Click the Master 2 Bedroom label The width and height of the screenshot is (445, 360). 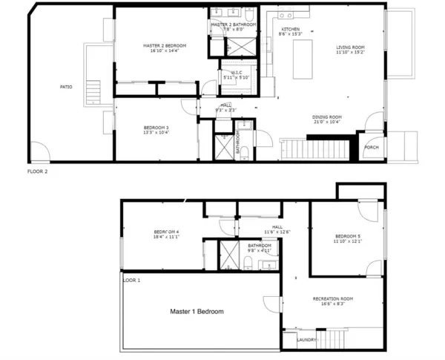pyautogui.click(x=165, y=45)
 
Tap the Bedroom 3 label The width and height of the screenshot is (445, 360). pyautogui.click(x=156, y=127)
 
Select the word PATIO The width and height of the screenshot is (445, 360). pyautogui.click(x=66, y=87)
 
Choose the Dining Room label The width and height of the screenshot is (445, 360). pyautogui.click(x=326, y=117)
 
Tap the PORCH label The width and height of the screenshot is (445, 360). pyautogui.click(x=372, y=147)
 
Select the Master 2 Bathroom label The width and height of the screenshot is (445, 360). pyautogui.click(x=234, y=24)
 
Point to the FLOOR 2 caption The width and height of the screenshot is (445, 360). pyautogui.click(x=38, y=171)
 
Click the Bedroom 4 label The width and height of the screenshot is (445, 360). pyautogui.click(x=167, y=231)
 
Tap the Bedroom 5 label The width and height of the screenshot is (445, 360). pyautogui.click(x=347, y=236)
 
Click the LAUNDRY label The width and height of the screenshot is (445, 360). pyautogui.click(x=307, y=340)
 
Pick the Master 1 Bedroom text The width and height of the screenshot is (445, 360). pyautogui.click(x=197, y=312)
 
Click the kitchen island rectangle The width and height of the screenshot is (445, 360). pyautogui.click(x=303, y=61)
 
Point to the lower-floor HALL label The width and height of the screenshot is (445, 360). pyautogui.click(x=277, y=227)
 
